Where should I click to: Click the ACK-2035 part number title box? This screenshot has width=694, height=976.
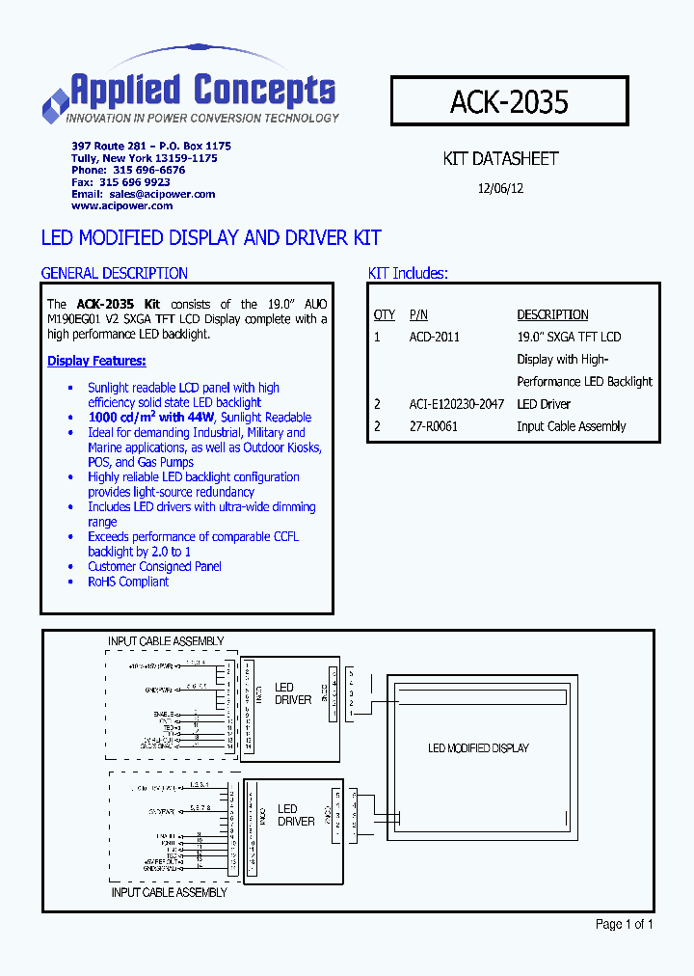click(509, 100)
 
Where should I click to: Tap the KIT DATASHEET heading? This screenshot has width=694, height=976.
click(500, 158)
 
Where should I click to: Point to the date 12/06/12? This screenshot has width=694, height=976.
click(500, 189)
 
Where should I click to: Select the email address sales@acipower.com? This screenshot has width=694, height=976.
click(162, 194)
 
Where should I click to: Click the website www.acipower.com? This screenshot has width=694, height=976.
click(122, 205)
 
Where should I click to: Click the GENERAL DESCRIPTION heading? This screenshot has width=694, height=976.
click(114, 273)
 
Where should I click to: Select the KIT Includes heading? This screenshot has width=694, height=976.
click(408, 273)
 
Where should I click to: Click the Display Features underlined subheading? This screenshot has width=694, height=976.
click(96, 361)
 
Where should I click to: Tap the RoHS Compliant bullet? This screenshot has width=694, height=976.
click(128, 582)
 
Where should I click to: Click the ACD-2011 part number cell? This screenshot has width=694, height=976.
click(434, 337)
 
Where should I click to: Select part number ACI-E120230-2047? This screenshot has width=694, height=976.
click(456, 404)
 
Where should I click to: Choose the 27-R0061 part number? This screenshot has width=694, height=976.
click(433, 426)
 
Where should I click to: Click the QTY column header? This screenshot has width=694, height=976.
click(384, 314)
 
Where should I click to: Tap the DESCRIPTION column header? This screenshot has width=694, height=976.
click(552, 314)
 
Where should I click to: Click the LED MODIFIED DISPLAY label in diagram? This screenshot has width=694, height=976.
click(478, 747)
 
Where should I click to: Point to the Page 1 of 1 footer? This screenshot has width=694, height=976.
click(625, 924)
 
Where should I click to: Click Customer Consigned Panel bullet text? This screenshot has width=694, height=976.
click(154, 567)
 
